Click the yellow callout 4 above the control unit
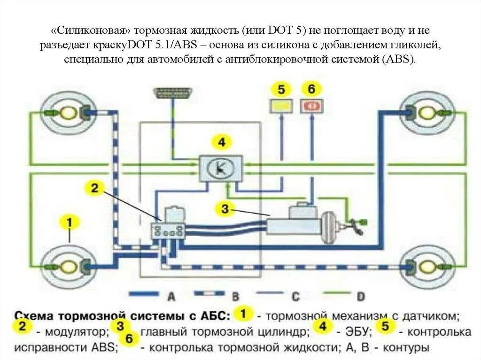click(221, 141)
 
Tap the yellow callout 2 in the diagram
click(94, 188)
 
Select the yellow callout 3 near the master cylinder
click(225, 209)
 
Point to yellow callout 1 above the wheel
click(70, 222)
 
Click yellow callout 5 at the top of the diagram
click(281, 89)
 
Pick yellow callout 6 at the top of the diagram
click(312, 89)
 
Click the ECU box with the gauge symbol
click(221, 168)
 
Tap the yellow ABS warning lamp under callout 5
click(281, 106)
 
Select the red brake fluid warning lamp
click(312, 106)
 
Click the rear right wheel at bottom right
click(427, 267)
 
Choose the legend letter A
click(171, 296)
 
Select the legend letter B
click(235, 296)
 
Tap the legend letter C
click(295, 296)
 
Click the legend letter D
click(360, 296)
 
